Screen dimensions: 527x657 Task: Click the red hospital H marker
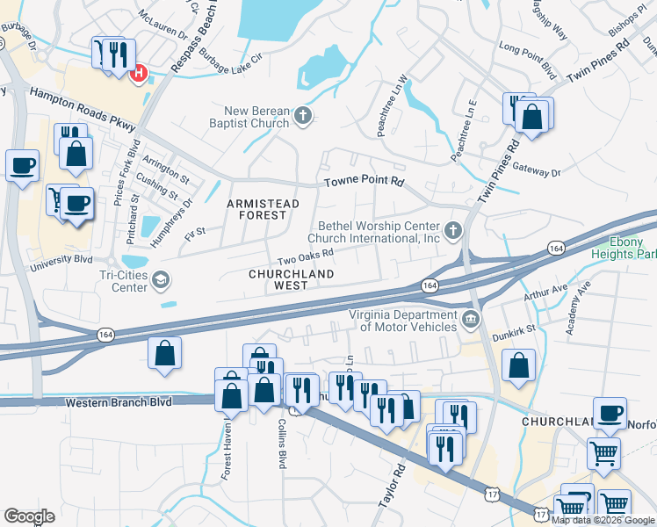tap(138, 75)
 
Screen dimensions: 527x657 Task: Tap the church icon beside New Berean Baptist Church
tap(303, 116)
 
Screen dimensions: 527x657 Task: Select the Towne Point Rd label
tap(364, 182)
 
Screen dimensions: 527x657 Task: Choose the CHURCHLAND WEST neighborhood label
tap(278, 279)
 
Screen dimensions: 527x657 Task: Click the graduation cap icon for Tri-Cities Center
tap(160, 280)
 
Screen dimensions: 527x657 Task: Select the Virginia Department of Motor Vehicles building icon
tap(470, 318)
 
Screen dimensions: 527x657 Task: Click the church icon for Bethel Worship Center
tap(452, 231)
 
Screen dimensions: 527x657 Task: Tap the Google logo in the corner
tap(29, 516)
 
